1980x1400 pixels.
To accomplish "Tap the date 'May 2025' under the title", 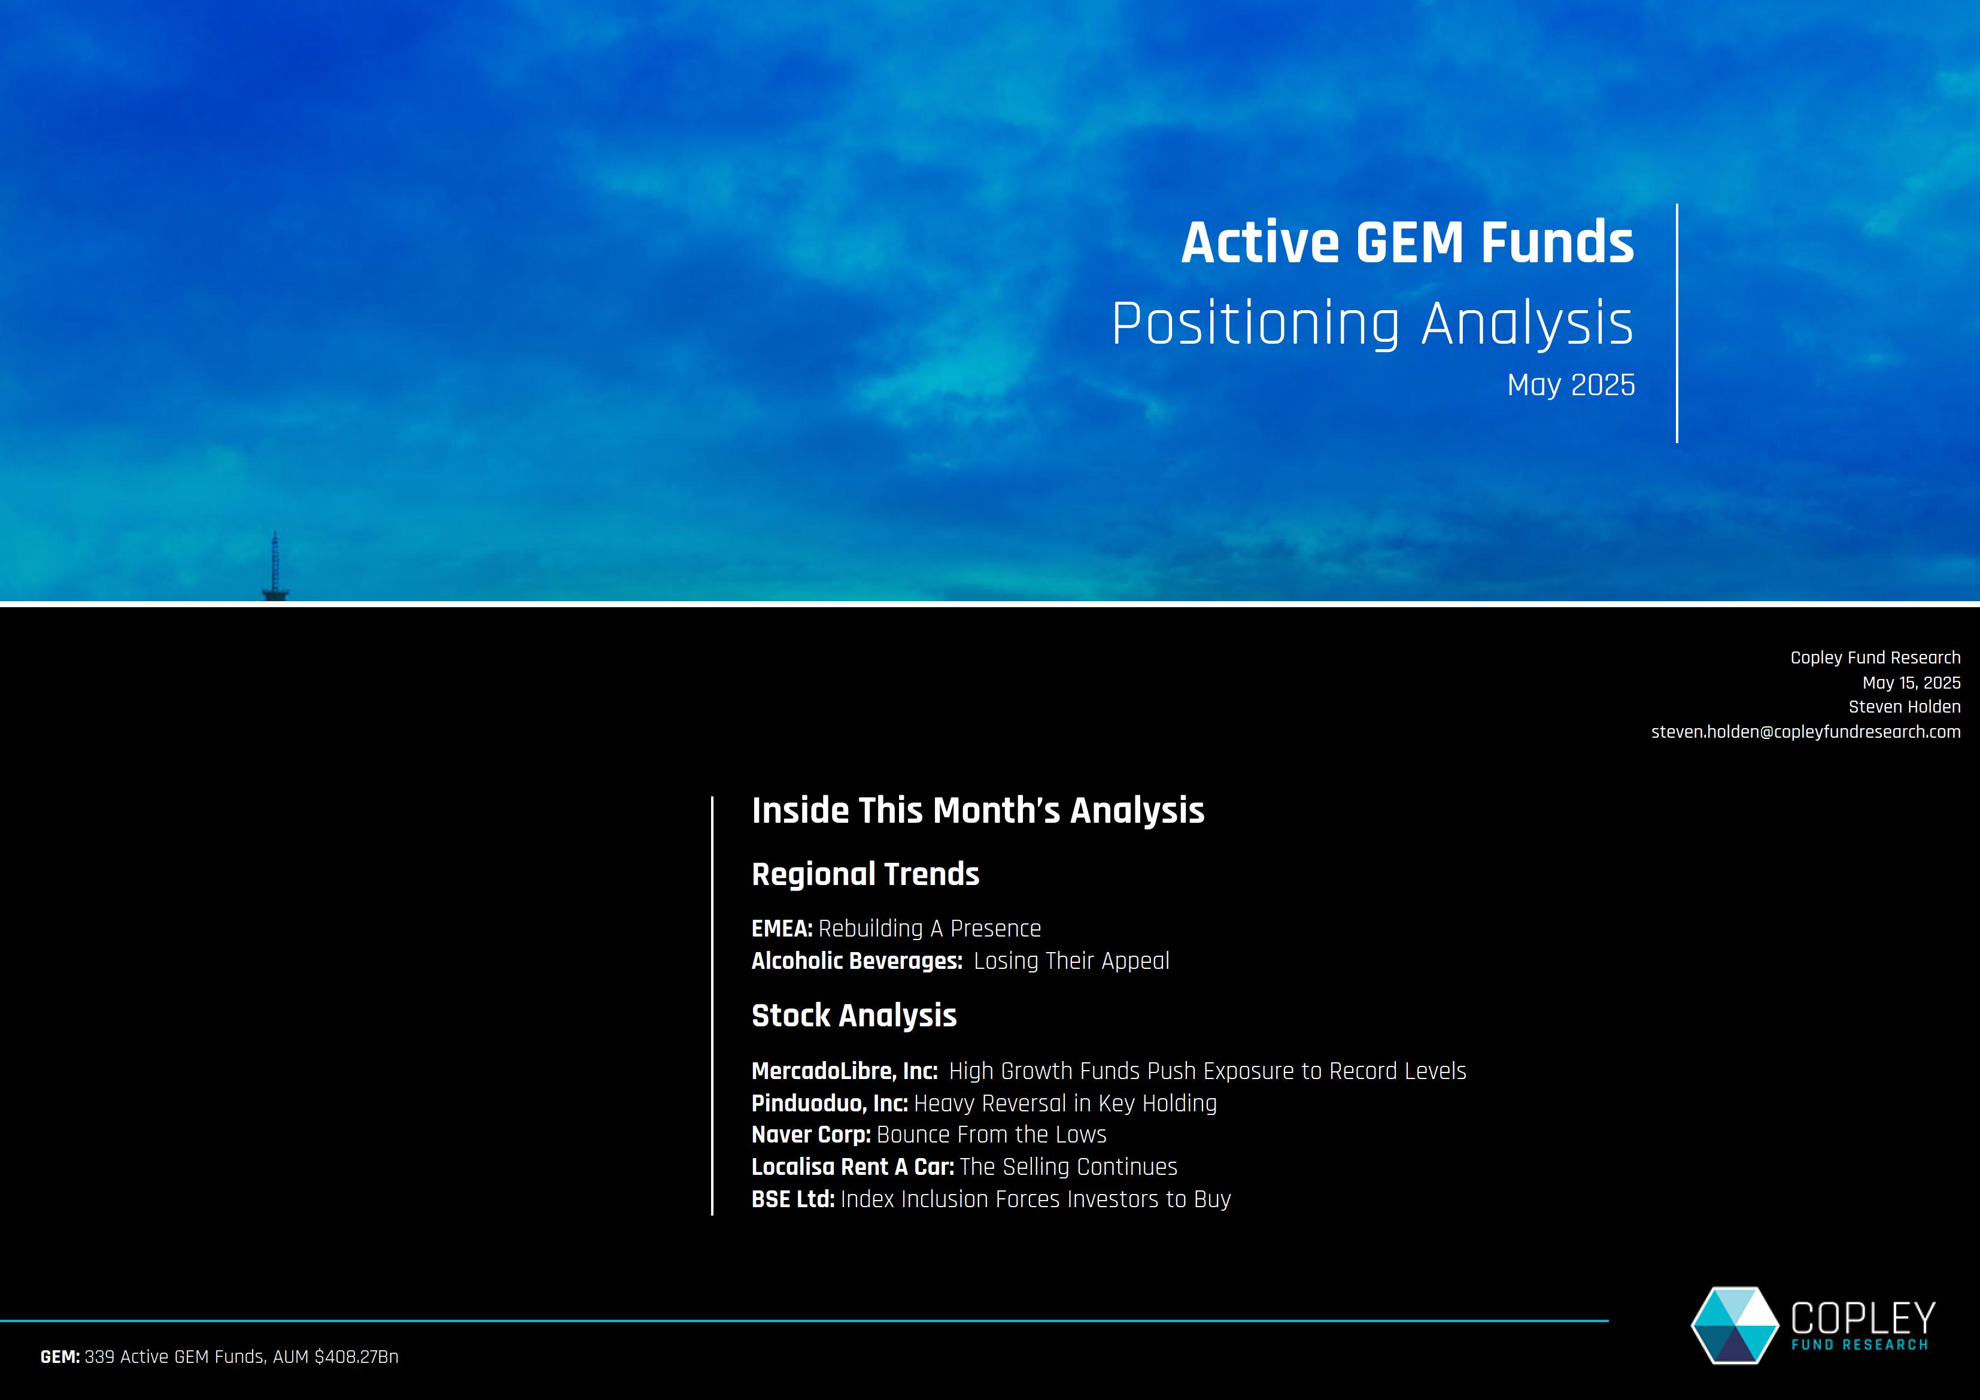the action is tap(1571, 384).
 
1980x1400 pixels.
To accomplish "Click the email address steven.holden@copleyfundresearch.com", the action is tap(1806, 732).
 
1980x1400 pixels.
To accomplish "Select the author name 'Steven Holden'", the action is tap(1904, 707).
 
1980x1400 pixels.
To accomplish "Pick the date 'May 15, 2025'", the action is tap(1911, 682).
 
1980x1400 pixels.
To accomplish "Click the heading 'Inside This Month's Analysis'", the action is tap(978, 811).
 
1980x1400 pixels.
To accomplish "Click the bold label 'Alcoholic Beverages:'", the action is tap(857, 961).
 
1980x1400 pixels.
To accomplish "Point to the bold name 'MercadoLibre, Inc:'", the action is tap(845, 1071).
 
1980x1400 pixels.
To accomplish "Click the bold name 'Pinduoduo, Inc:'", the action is tap(830, 1103).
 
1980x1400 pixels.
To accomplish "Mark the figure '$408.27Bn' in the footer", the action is tap(357, 1357).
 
